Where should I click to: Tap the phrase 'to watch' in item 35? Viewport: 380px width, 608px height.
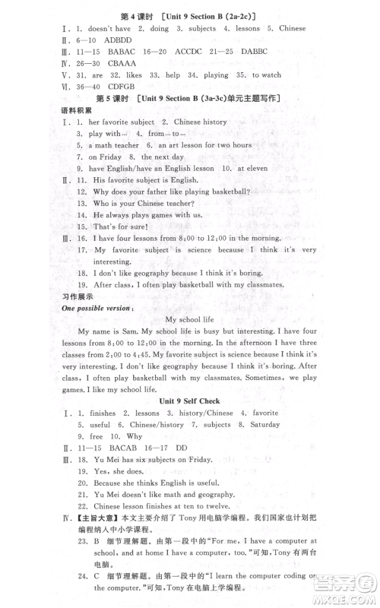coord(266,74)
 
